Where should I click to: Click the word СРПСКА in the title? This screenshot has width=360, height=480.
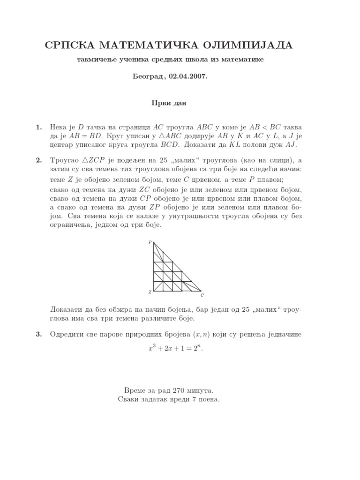click(67, 45)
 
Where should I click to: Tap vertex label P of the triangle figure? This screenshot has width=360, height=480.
click(150, 242)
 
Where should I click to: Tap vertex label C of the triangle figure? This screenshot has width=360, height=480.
click(202, 295)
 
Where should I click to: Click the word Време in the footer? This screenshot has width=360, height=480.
click(136, 390)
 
